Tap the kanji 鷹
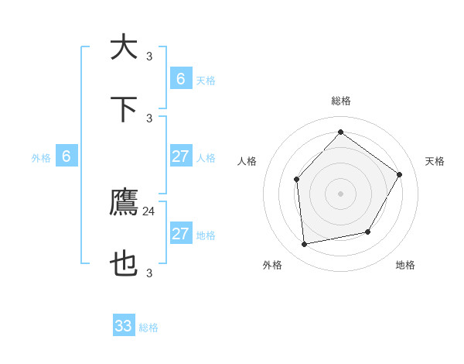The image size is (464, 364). tap(124, 203)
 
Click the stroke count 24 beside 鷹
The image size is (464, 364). tap(149, 211)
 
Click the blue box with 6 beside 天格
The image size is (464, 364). tap(180, 78)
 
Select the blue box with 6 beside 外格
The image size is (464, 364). tap(67, 156)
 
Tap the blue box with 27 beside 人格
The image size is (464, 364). tap(180, 156)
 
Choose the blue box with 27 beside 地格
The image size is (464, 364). tap(180, 234)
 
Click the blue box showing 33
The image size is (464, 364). tap(124, 326)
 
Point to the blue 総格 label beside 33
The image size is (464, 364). tap(148, 328)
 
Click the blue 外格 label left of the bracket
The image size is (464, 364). tap(41, 158)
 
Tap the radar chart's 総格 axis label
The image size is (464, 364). tap(340, 101)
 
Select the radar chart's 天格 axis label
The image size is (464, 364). tap(435, 161)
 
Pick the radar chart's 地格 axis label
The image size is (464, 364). tap(405, 265)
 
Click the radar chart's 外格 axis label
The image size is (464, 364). tap(272, 265)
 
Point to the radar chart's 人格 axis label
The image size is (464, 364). tap(247, 161)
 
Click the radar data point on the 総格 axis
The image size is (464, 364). tap(340, 132)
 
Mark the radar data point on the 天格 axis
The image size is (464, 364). tap(400, 174)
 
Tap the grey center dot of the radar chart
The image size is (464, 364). tap(340, 193)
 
